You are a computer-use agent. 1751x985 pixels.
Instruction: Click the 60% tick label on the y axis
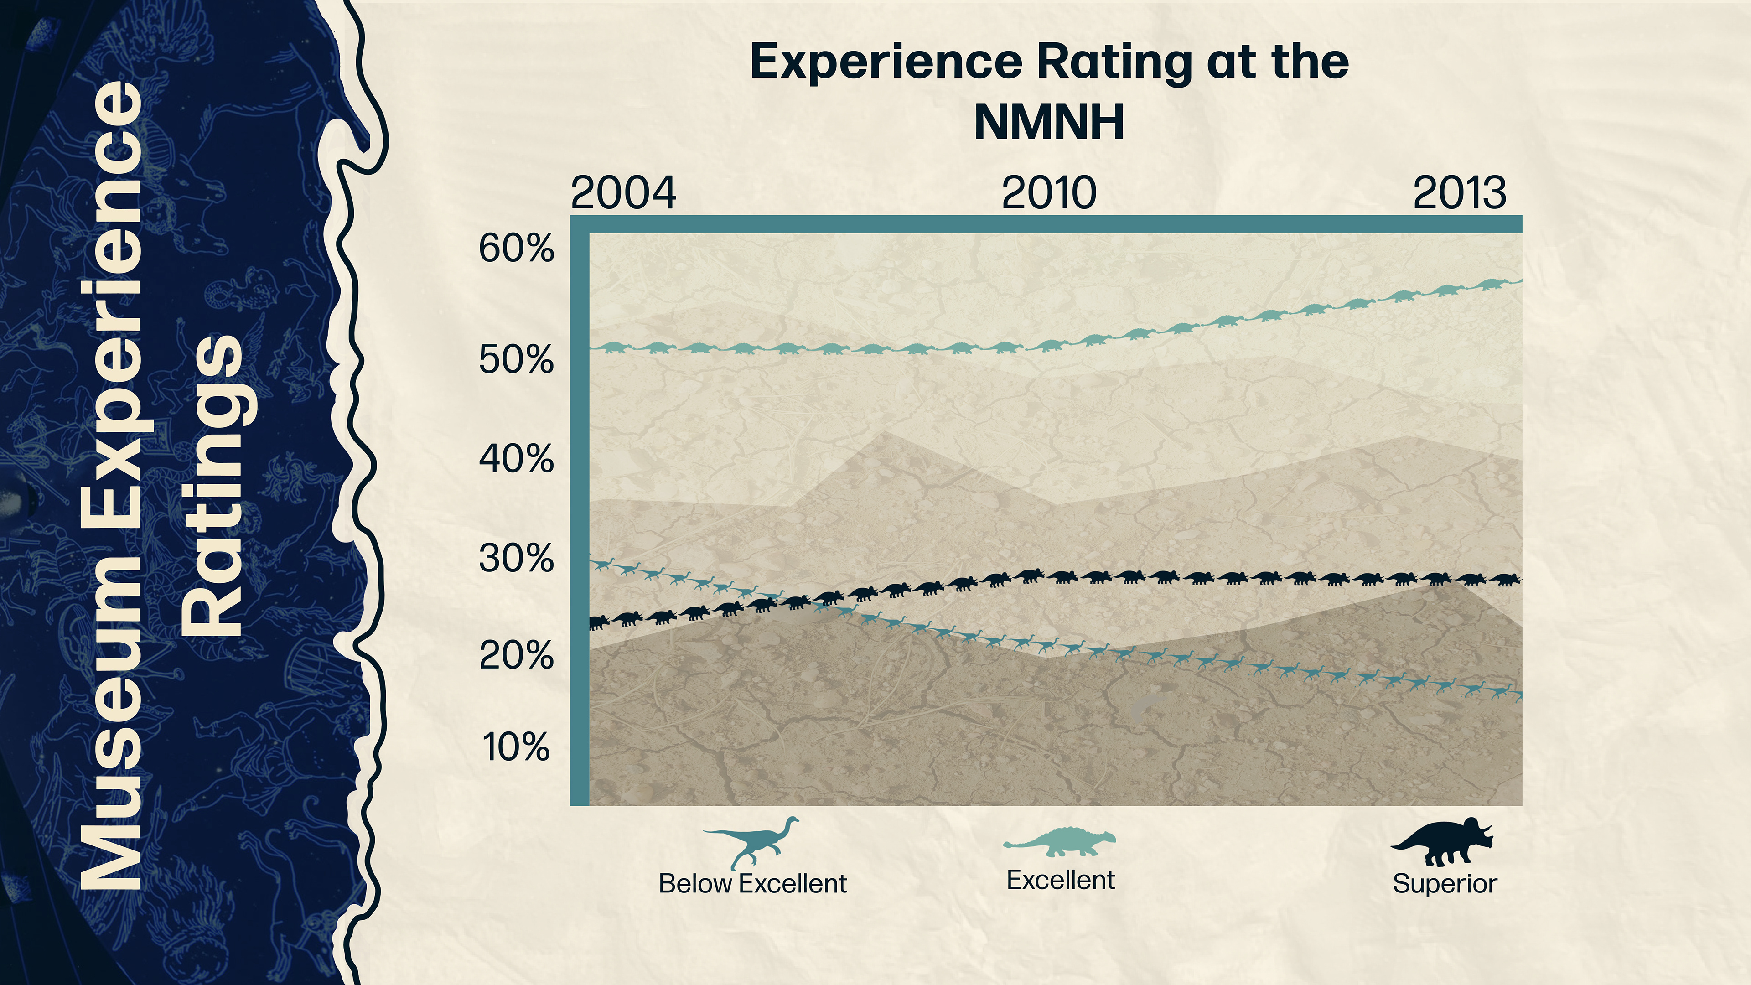(x=516, y=249)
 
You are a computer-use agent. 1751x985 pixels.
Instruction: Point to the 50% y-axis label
(x=516, y=360)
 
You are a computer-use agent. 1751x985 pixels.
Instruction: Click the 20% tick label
(x=516, y=656)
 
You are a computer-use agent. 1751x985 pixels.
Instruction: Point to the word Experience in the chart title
(x=886, y=62)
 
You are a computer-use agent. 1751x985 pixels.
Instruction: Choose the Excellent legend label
(x=1060, y=880)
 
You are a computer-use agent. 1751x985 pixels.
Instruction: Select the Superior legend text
(x=1445, y=884)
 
